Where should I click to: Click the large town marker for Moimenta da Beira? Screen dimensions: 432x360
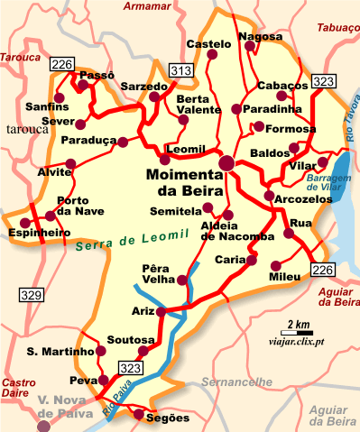(226, 163)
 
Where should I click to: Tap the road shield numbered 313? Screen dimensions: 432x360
(181, 70)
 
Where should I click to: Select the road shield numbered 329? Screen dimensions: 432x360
(32, 295)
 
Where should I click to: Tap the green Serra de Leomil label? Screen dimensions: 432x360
(133, 238)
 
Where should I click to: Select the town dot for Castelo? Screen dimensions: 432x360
(212, 55)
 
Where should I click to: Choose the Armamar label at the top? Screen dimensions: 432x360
(145, 7)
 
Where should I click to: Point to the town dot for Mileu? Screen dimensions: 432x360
(274, 265)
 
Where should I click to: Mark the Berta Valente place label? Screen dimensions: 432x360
(196, 104)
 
